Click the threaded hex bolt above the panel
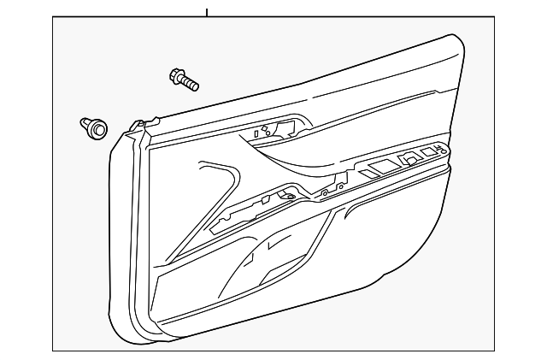click(185, 80)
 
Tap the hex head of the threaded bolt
click(178, 76)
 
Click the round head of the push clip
click(99, 131)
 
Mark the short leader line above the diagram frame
click(206, 11)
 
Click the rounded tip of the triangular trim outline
click(205, 165)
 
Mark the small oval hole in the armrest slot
click(290, 198)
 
